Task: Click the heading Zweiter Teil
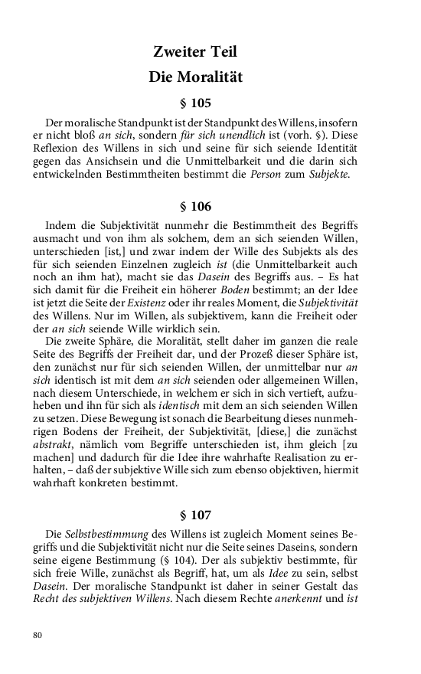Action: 195,52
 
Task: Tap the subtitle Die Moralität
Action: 195,77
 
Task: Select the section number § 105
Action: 195,103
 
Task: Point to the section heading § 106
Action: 195,207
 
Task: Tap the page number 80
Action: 38,634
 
